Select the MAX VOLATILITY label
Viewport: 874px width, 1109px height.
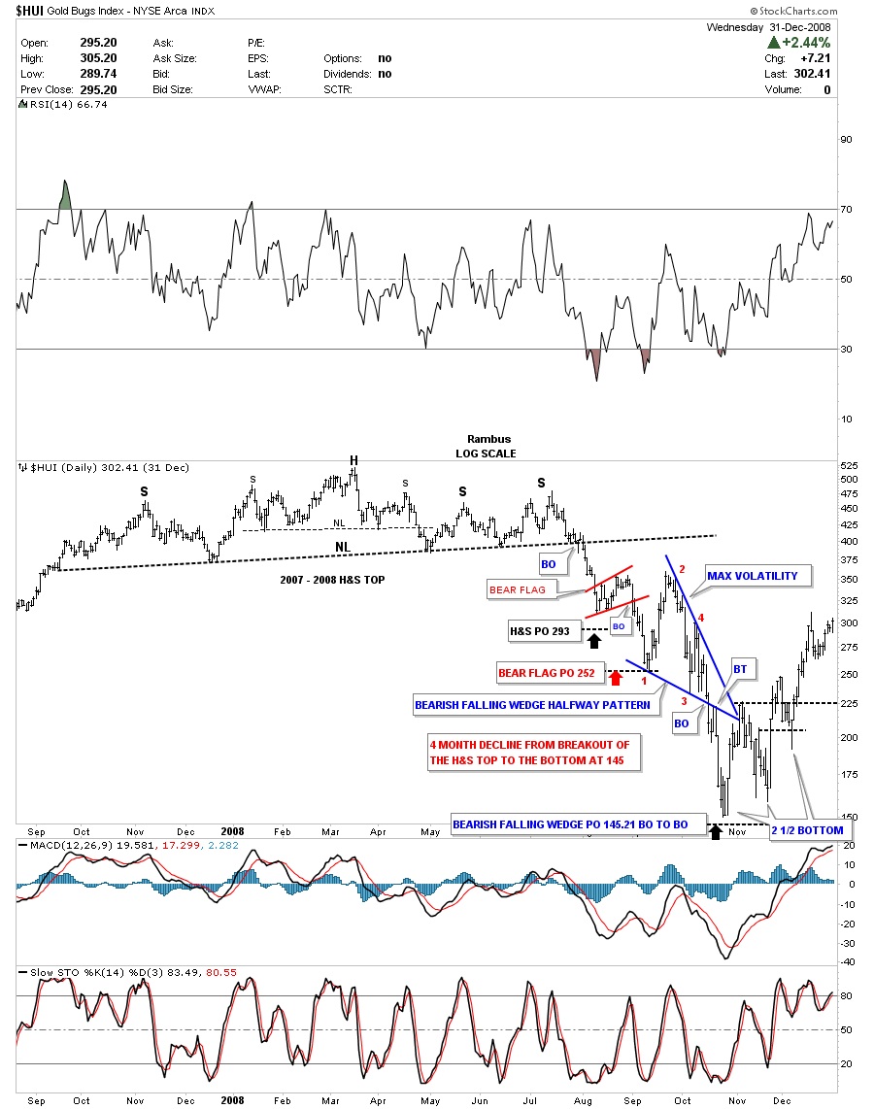pyautogui.click(x=753, y=576)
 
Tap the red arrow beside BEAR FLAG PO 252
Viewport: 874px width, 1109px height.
pyautogui.click(x=615, y=677)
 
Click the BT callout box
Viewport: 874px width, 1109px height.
pyautogui.click(x=740, y=669)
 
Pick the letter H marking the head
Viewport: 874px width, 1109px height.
pyautogui.click(x=355, y=459)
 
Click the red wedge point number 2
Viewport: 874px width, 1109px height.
pyautogui.click(x=683, y=569)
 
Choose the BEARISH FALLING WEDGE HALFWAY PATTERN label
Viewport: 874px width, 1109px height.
pyautogui.click(x=532, y=706)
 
